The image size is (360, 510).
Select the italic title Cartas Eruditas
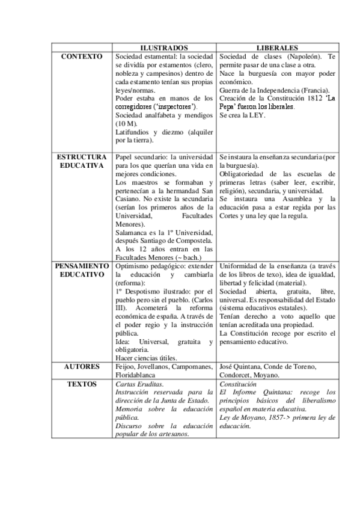click(139, 382)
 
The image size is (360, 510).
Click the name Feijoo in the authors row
click(125, 366)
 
